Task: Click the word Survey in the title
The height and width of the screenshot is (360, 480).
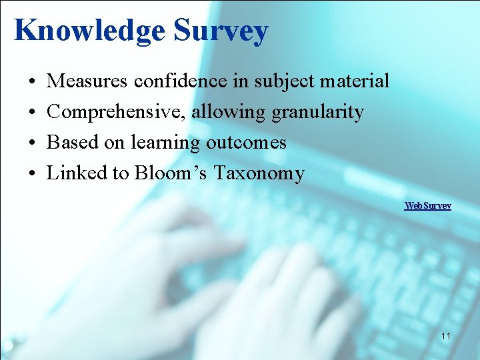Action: [221, 31]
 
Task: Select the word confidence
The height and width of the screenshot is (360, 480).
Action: [171, 81]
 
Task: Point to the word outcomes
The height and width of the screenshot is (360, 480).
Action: [246, 143]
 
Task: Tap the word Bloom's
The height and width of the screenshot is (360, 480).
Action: [171, 173]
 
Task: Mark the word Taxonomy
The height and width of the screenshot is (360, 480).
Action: [259, 173]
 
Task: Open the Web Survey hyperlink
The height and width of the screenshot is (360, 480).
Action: [428, 205]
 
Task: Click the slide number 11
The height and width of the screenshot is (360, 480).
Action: [445, 336]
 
